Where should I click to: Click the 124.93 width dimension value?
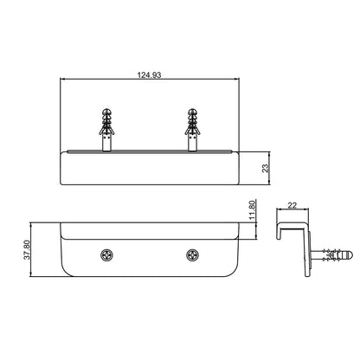[150, 75]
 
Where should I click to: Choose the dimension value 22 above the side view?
[291, 205]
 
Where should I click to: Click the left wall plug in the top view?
[107, 126]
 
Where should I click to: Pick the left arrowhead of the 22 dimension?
[276, 212]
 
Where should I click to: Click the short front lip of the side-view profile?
[279, 233]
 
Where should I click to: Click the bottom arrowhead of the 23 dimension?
[270, 184]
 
